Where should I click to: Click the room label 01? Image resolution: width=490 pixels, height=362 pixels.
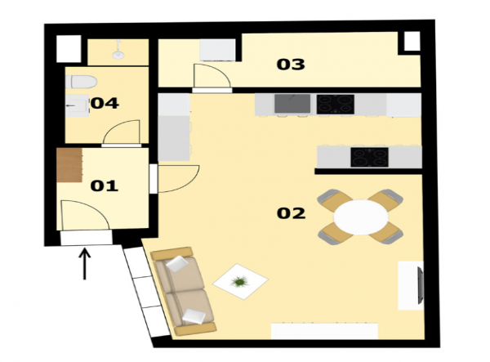104,185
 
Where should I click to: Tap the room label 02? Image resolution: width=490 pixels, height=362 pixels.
291,213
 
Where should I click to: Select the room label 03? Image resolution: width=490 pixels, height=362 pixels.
291,65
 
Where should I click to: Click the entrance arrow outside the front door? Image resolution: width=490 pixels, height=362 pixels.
84,263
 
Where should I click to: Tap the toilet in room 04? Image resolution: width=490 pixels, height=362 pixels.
81,82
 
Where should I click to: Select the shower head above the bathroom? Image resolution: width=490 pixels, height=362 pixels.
118,50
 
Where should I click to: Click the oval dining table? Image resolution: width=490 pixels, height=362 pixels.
361,217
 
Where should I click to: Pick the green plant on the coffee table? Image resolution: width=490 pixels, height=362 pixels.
239,282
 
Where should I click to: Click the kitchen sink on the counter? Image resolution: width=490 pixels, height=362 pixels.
292,104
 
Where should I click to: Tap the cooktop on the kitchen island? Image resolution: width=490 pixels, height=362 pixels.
369,157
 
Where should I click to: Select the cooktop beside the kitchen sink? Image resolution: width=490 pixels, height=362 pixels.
336,104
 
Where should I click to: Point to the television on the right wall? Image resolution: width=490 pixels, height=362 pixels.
421,285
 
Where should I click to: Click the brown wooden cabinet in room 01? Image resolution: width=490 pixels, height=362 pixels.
69,165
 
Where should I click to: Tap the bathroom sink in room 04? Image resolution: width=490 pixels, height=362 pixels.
77,105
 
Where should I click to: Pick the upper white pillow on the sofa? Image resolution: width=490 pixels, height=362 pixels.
177,263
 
